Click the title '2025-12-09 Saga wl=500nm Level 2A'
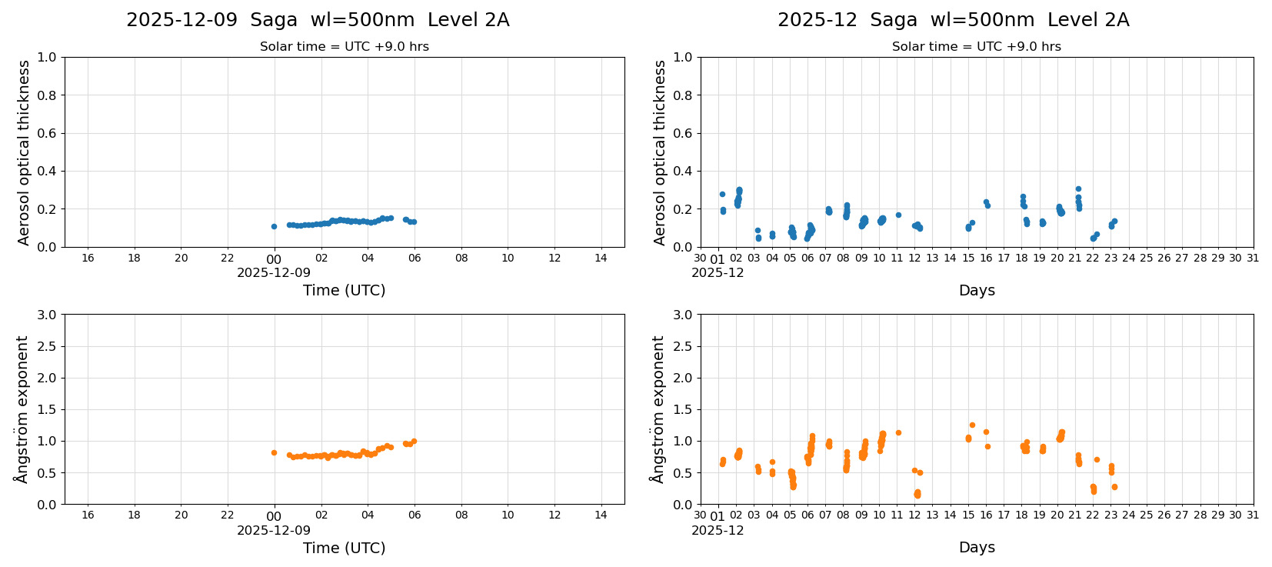318,20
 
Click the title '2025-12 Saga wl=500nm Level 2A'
953,20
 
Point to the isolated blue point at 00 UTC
274,226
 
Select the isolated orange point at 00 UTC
274,452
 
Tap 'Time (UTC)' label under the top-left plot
344,290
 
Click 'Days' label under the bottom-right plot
977,547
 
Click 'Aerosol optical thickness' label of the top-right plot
660,152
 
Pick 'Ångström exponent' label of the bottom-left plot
22,409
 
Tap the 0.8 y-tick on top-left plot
47,95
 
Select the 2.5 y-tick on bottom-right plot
682,346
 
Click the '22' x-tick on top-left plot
228,258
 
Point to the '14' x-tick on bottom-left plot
601,515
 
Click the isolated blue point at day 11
898,215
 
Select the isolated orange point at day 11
898,432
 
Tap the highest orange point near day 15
972,425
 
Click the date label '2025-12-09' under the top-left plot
274,272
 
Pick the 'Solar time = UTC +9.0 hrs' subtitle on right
976,47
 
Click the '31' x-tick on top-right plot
1253,258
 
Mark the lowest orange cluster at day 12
917,494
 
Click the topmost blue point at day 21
1078,188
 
